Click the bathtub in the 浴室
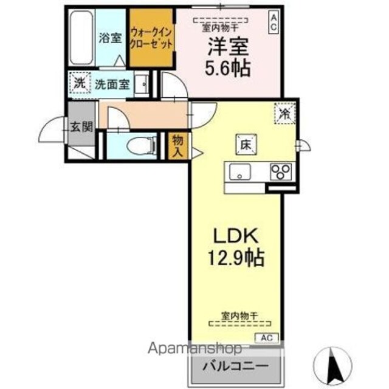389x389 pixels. click(x=81, y=38)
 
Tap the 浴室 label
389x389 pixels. click(x=110, y=38)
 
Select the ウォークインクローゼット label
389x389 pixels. click(x=151, y=38)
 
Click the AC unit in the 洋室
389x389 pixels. click(x=274, y=23)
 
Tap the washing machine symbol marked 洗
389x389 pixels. click(x=80, y=83)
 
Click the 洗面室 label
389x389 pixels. click(x=112, y=84)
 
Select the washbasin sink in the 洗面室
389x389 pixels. click(x=142, y=84)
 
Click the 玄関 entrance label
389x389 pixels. click(x=81, y=127)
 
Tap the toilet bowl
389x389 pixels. click(x=141, y=145)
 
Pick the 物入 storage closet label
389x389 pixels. click(x=177, y=146)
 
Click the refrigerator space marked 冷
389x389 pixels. click(x=284, y=114)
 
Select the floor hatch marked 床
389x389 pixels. click(x=246, y=145)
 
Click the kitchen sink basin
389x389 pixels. click(x=240, y=171)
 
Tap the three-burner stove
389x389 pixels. click(x=281, y=172)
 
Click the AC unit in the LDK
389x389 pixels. click(x=267, y=338)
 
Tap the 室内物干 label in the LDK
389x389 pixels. click(x=239, y=316)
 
